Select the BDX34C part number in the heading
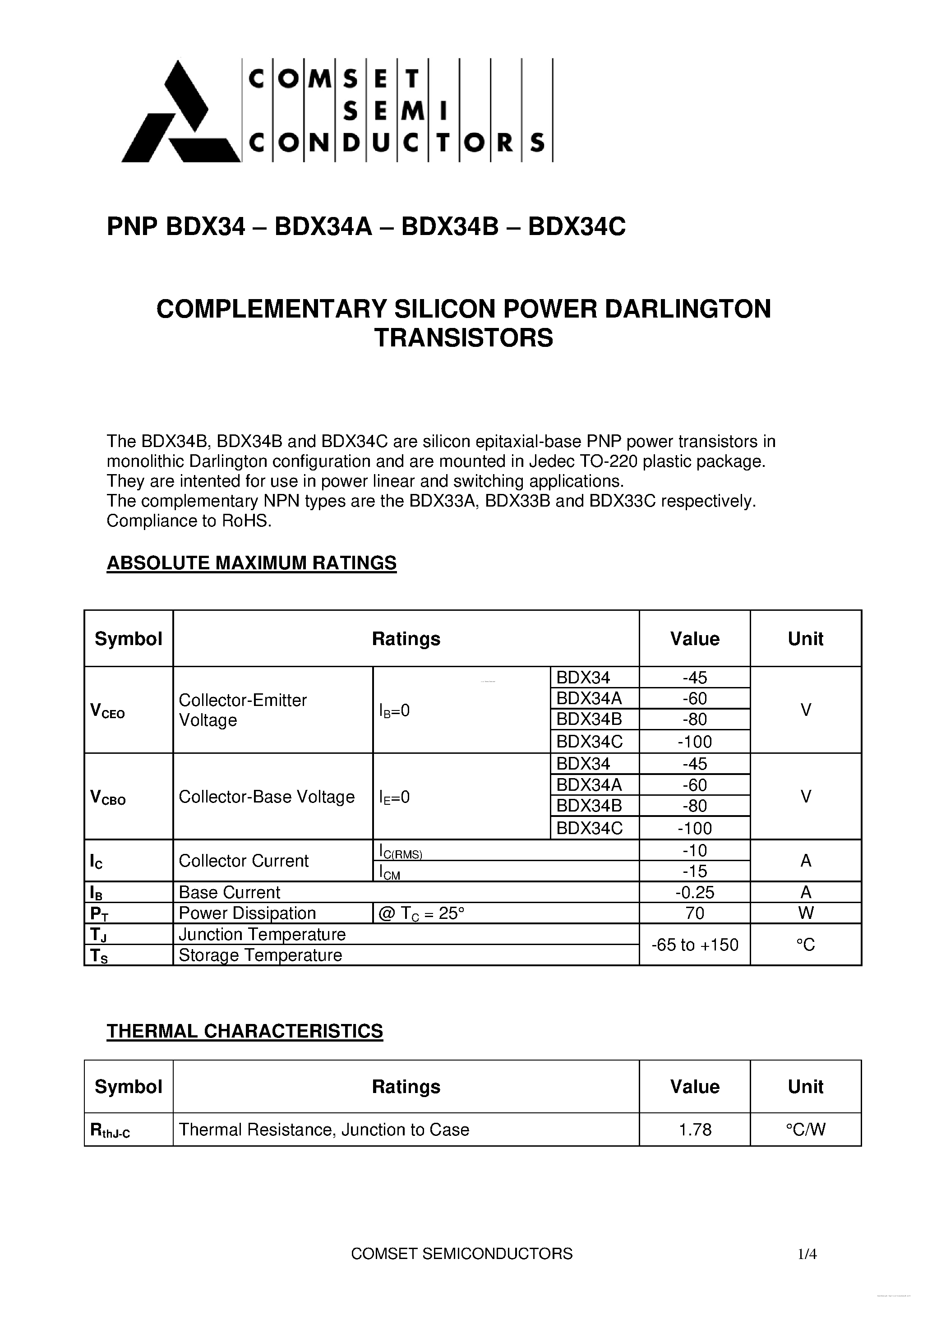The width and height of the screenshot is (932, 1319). [577, 227]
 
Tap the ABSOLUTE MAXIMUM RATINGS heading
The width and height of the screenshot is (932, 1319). [252, 563]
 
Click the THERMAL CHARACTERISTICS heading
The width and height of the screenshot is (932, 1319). [245, 1031]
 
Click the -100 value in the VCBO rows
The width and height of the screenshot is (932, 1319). [695, 828]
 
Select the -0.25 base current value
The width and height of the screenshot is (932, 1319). [695, 892]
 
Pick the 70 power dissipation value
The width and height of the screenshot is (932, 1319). [695, 913]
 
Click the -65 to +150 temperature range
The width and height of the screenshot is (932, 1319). [695, 945]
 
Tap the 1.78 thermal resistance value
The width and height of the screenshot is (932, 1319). [695, 1130]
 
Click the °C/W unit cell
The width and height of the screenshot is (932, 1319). [806, 1130]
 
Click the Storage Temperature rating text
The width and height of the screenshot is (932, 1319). [260, 955]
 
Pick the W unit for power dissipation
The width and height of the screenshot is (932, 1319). [806, 913]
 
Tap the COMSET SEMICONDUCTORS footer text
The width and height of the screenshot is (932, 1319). [461, 1254]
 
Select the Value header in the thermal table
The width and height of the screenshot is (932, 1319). [695, 1086]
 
